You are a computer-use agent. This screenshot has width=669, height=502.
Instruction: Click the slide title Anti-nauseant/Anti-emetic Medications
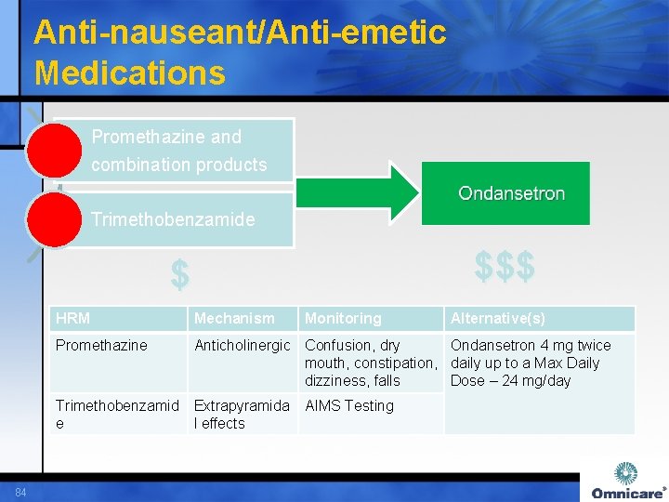click(x=240, y=52)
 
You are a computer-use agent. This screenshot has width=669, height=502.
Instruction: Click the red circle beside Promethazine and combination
click(x=54, y=150)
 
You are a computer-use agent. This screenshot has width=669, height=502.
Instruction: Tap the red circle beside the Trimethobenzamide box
click(x=54, y=220)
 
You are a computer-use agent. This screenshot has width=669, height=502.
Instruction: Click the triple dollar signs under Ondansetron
click(x=505, y=267)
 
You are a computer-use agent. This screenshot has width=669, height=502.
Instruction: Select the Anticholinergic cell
click(x=242, y=346)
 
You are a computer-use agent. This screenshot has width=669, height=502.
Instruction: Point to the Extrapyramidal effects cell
click(x=242, y=415)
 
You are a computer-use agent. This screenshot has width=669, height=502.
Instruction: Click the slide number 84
click(x=20, y=491)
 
